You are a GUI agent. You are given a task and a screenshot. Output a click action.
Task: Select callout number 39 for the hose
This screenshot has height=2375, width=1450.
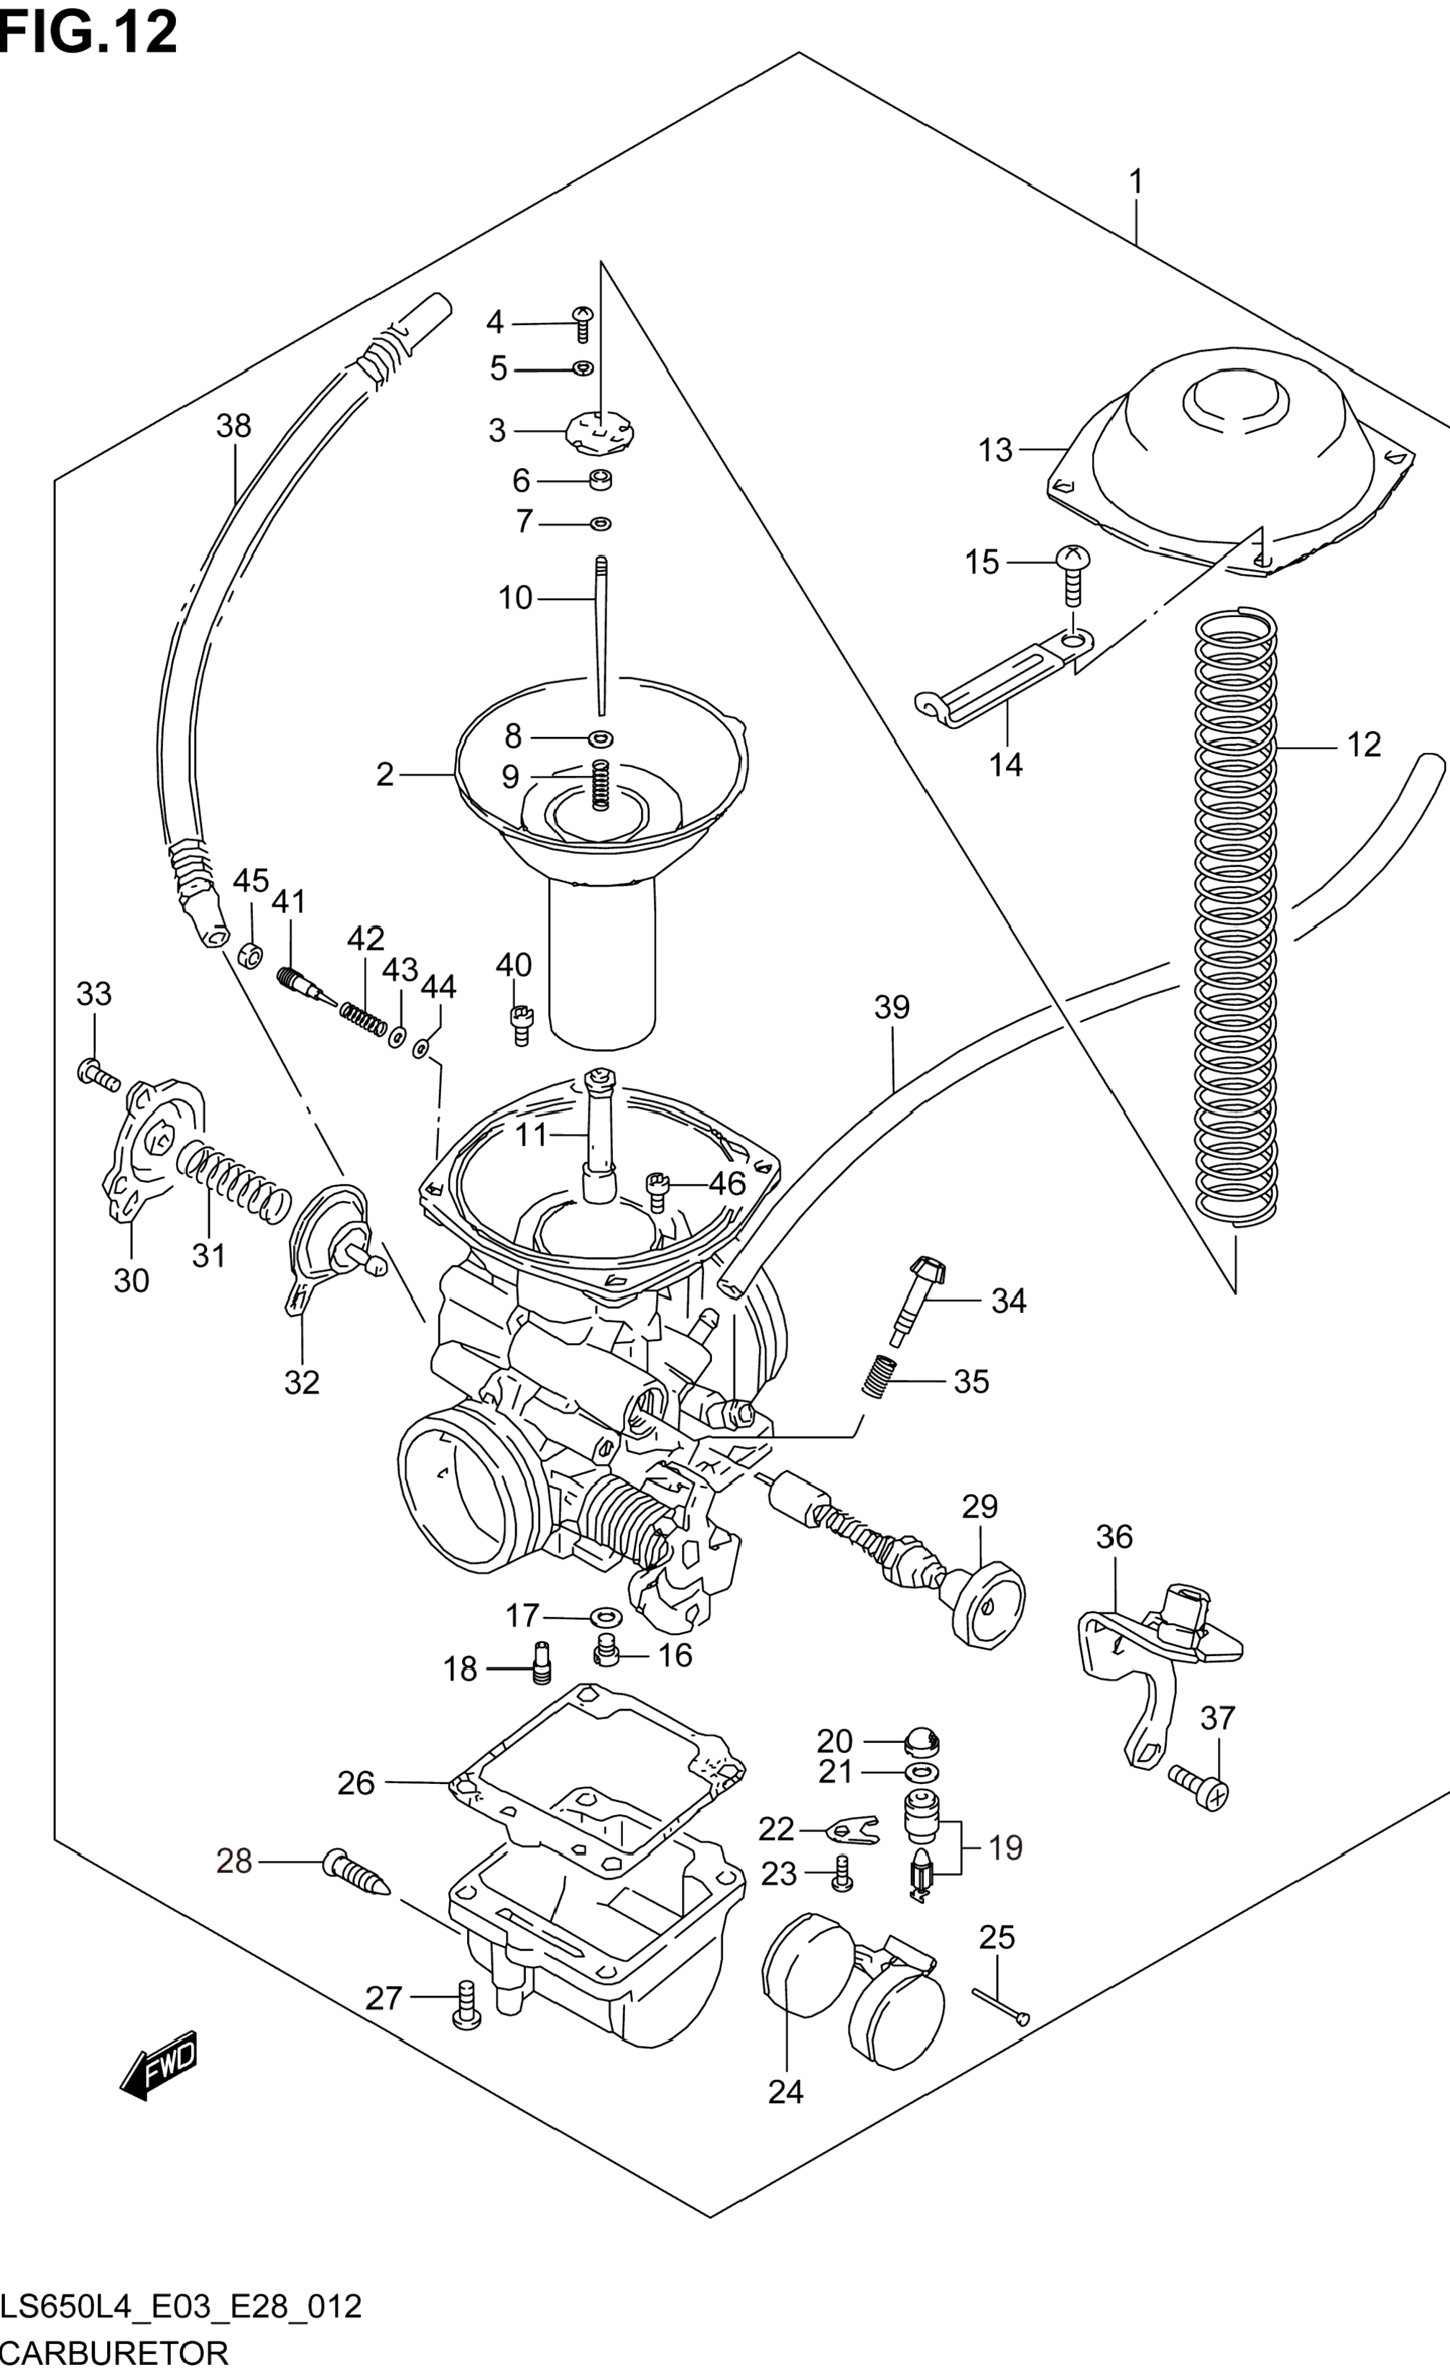pos(891,1007)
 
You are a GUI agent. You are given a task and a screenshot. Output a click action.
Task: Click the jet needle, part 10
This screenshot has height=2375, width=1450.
pos(601,636)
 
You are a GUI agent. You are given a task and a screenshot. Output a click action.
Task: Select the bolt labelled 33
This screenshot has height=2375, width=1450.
pos(96,1073)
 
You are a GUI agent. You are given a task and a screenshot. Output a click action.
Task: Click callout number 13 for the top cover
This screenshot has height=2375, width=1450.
pos(995,450)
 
